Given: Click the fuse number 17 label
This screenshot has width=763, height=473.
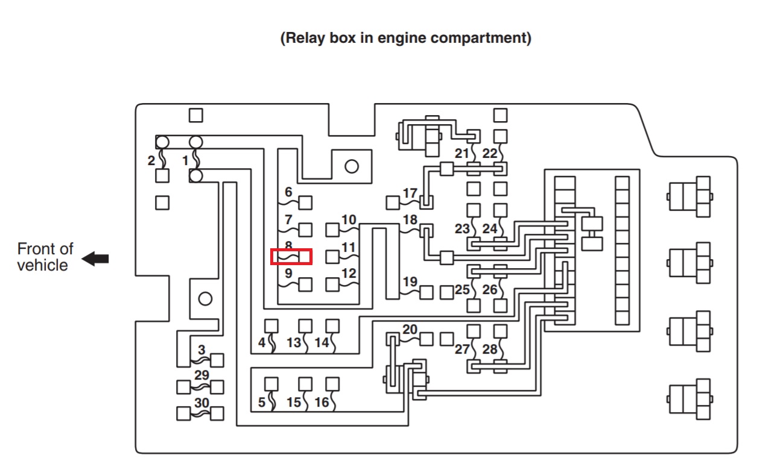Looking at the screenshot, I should [410, 193].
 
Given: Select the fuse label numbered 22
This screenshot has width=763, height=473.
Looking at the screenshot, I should [490, 154].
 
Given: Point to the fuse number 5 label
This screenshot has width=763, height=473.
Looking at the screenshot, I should [262, 402].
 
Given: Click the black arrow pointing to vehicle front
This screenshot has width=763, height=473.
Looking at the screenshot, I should [95, 259].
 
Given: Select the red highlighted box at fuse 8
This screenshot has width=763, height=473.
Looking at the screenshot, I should [291, 257].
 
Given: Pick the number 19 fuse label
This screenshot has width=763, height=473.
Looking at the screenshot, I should [410, 281].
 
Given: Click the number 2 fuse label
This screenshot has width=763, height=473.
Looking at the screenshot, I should [151, 161].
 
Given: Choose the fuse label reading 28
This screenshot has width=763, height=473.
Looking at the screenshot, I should [490, 349].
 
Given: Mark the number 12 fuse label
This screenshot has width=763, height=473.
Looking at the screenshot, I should [349, 274].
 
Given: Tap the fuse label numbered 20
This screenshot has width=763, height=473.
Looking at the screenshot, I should [410, 330].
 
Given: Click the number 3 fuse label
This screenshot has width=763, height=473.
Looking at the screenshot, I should [201, 349].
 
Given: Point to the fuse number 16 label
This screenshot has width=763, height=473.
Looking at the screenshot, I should [321, 402].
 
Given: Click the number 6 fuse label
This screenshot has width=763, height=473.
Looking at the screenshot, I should [288, 192].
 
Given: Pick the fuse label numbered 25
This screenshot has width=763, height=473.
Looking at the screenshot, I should [462, 290].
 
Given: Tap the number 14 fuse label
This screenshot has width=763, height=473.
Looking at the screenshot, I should [321, 343].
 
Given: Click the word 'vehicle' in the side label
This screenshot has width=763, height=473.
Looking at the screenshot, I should [42, 266].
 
